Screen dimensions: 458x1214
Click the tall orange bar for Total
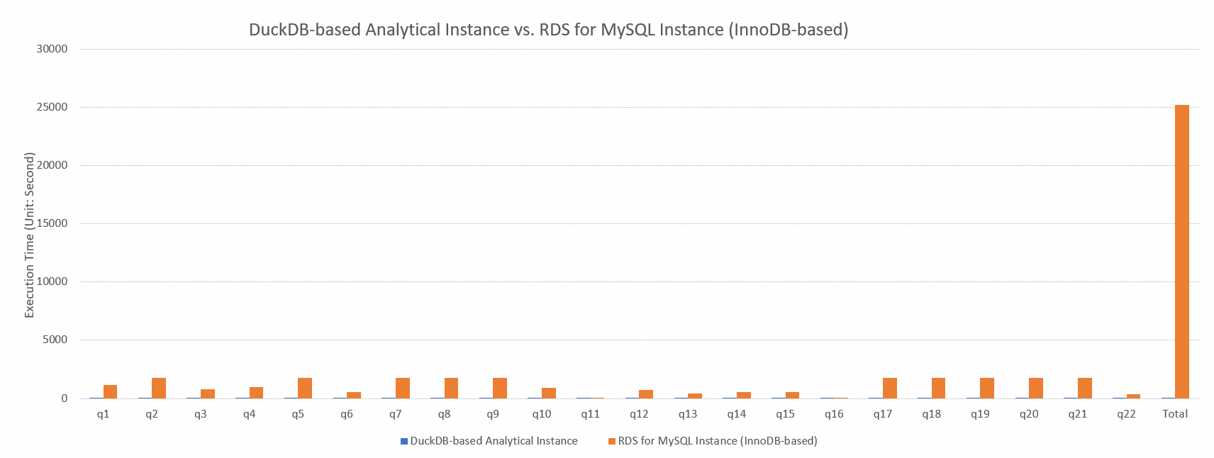[x=1181, y=252]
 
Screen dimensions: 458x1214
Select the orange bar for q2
[x=159, y=388]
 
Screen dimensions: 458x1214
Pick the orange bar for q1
[x=110, y=391]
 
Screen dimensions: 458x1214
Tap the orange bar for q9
[x=500, y=388]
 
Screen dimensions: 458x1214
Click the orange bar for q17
[x=889, y=388]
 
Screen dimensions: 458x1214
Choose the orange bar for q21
[x=1084, y=388]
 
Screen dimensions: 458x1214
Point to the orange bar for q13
[x=695, y=396]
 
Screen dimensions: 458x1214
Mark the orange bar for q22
[x=1133, y=396]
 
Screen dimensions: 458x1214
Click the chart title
[x=548, y=30]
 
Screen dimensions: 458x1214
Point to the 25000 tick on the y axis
[x=53, y=107]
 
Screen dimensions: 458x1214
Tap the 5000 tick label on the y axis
[x=55, y=340]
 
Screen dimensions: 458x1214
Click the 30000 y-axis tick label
[x=53, y=49]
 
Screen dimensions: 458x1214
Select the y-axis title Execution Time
[x=30, y=235]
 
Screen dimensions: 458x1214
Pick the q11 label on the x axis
[x=590, y=414]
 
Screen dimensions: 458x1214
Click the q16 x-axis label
[x=834, y=414]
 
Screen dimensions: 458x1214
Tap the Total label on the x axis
[x=1175, y=414]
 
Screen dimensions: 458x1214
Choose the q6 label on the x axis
[x=347, y=414]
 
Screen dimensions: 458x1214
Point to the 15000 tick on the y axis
[x=53, y=223]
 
